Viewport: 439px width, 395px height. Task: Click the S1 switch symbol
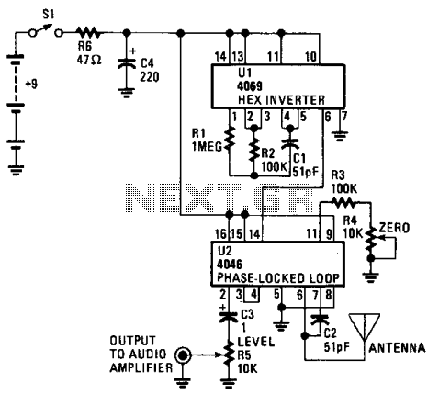pos(46,31)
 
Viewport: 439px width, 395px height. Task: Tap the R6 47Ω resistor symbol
pos(88,32)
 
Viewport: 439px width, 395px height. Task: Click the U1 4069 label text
pos(250,80)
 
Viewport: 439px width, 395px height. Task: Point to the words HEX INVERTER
pos(281,100)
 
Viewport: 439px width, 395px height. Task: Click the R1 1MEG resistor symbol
pos(230,140)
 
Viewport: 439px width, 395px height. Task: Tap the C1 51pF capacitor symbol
pos(290,143)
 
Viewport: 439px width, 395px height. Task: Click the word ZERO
pos(394,228)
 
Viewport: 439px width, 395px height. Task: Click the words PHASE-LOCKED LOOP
pos(278,278)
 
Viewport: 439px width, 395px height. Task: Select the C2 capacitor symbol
pos(320,321)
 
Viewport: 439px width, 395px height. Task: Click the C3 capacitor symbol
pos(229,317)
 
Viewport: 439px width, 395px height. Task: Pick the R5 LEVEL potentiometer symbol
pos(228,355)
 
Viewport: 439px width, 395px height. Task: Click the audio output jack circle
pos(183,355)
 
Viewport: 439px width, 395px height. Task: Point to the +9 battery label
pos(31,84)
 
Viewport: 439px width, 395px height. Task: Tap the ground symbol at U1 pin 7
pos(340,135)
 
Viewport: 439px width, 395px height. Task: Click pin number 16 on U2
pos(220,234)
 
